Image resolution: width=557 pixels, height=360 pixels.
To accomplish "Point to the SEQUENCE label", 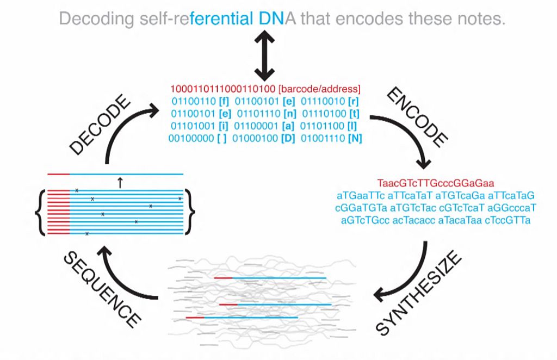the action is (x=102, y=289).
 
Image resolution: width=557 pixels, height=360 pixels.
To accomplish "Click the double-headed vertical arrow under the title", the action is (x=264, y=55).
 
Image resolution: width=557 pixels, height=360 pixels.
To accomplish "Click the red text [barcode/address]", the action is (x=319, y=89).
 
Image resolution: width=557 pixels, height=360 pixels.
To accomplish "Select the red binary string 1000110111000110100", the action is (x=222, y=89).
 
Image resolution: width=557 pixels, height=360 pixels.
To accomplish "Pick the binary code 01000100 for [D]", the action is (x=255, y=139).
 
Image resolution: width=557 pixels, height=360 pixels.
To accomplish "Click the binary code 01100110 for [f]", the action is (x=194, y=102).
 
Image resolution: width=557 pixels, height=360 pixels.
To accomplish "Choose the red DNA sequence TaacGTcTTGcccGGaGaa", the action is (x=436, y=183).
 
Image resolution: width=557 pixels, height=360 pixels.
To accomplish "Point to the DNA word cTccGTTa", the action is (x=508, y=220).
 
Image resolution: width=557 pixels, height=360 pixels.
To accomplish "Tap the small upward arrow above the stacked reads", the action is (x=120, y=183).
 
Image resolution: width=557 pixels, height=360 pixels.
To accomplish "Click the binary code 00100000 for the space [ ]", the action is (x=191, y=139).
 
